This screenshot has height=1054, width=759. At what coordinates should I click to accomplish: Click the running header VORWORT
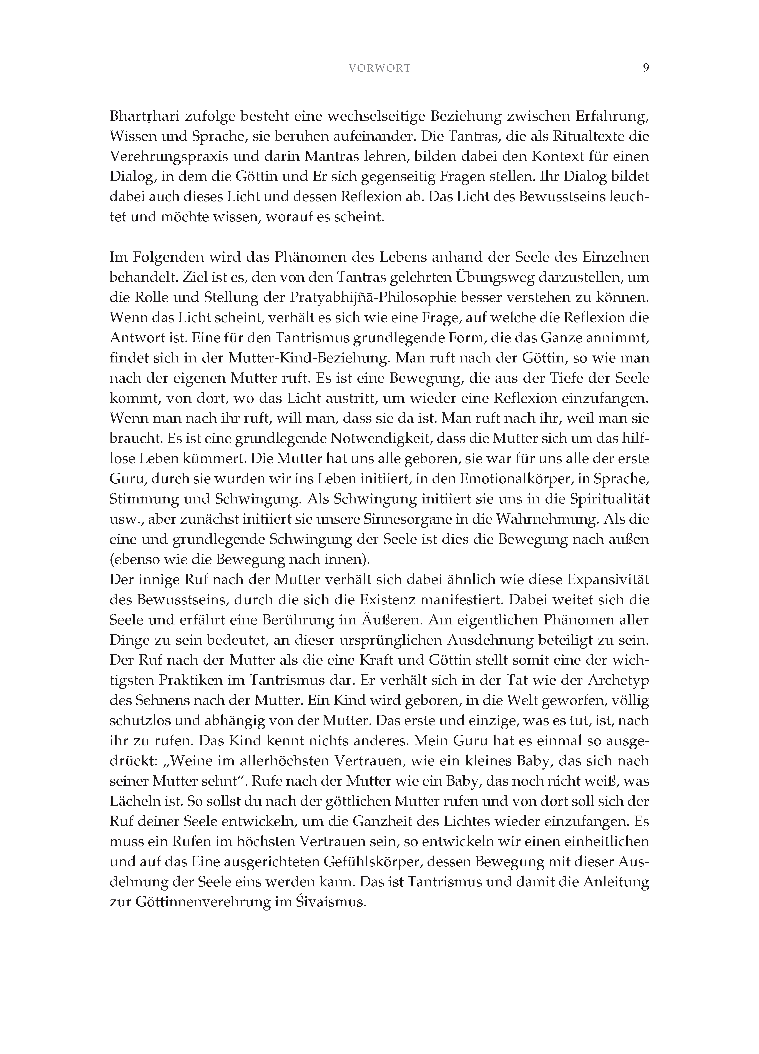pos(379,68)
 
